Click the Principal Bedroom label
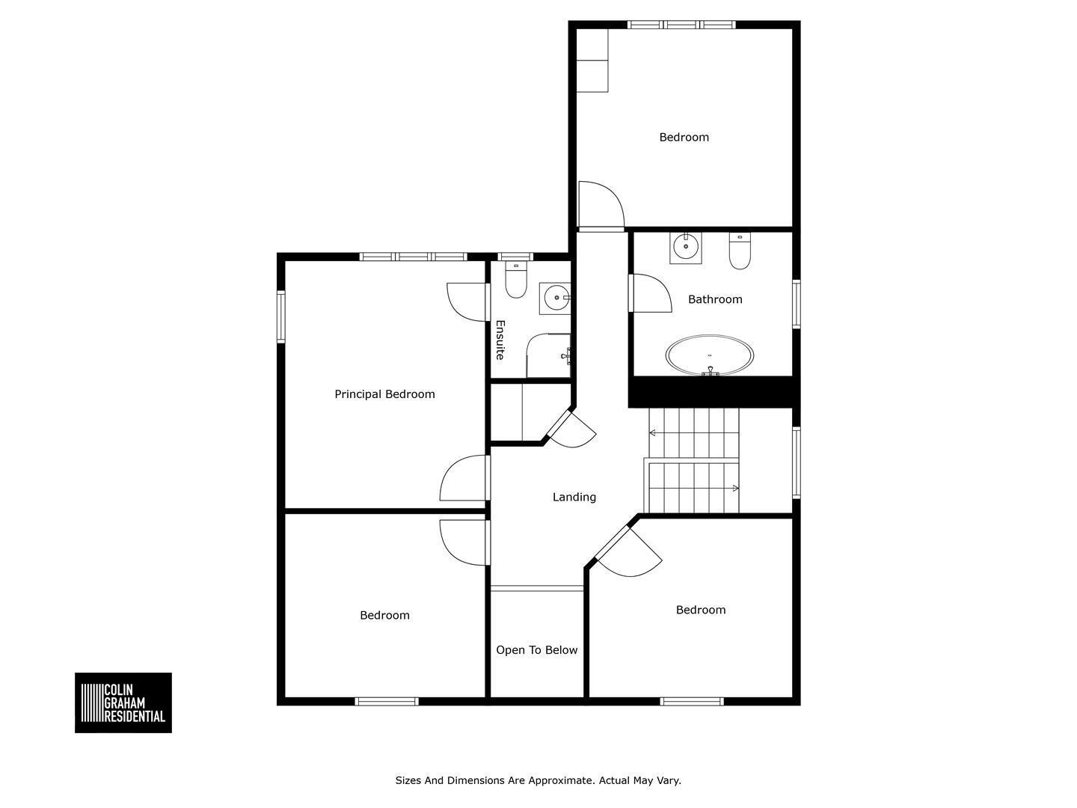(384, 394)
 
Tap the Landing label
(574, 497)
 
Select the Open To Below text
(536, 650)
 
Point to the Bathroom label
(715, 299)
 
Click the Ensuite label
(500, 340)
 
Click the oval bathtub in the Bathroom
(710, 355)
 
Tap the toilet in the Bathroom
(740, 251)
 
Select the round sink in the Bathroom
(685, 248)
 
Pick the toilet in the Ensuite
(515, 279)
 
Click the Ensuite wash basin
(555, 298)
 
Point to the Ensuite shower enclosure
(548, 355)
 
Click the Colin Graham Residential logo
(123, 703)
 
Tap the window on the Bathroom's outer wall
(797, 304)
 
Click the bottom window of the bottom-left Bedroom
(387, 702)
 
